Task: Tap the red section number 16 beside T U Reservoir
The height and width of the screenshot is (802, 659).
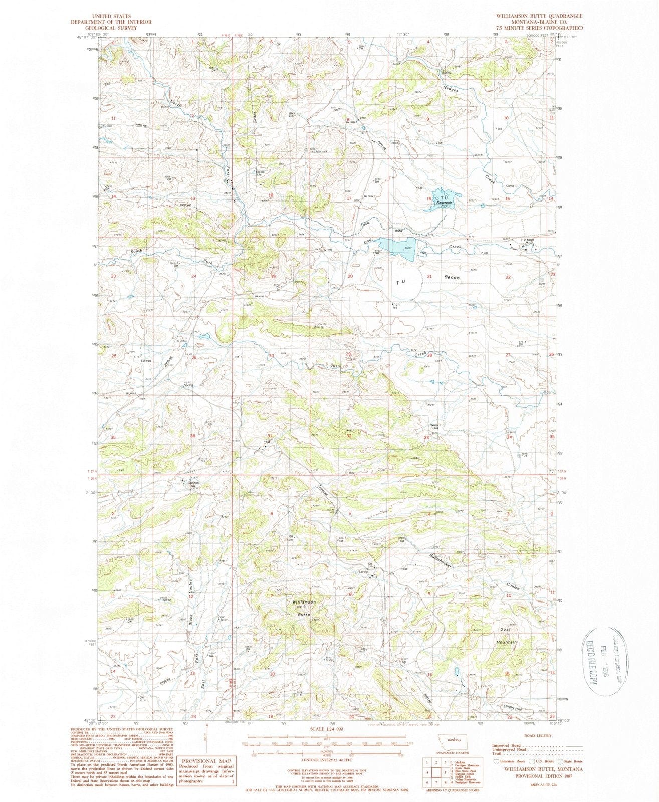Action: pyautogui.click(x=428, y=199)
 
